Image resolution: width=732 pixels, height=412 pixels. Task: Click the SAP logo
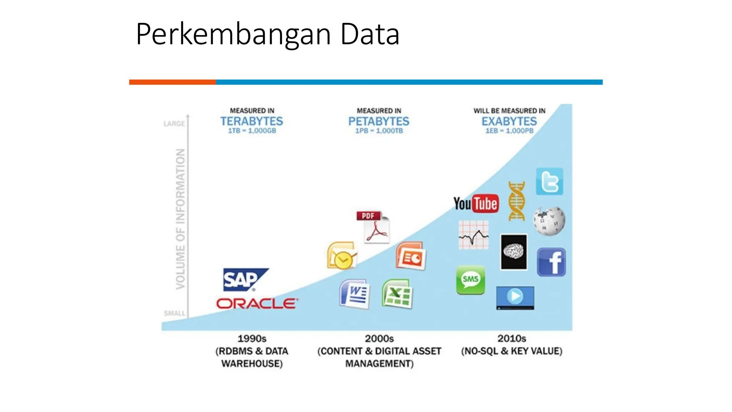[244, 280]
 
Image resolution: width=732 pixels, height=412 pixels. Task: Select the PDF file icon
[374, 227]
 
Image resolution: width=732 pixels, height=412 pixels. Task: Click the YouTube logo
[476, 204]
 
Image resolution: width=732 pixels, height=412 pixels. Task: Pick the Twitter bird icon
[549, 182]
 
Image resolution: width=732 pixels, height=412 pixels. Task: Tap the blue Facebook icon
[551, 262]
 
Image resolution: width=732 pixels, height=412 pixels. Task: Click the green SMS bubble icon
[470, 280]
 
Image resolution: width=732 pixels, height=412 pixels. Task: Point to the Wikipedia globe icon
[549, 221]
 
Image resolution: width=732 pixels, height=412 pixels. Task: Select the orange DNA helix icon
[517, 201]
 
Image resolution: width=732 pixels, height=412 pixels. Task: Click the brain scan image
[514, 252]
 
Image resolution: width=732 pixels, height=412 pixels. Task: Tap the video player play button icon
[515, 297]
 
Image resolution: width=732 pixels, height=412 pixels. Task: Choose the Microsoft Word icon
[355, 294]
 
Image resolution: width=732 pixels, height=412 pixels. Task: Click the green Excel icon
[397, 294]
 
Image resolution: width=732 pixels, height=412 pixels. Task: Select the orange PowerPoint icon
[411, 256]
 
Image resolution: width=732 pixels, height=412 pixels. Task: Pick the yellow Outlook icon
[342, 256]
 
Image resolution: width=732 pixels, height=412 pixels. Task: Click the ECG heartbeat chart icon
[474, 235]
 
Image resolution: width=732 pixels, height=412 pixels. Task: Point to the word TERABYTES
[252, 121]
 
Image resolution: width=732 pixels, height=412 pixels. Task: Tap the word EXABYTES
[509, 121]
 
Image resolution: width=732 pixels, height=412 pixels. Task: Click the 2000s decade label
[379, 338]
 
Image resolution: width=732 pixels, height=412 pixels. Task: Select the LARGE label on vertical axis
[174, 124]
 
